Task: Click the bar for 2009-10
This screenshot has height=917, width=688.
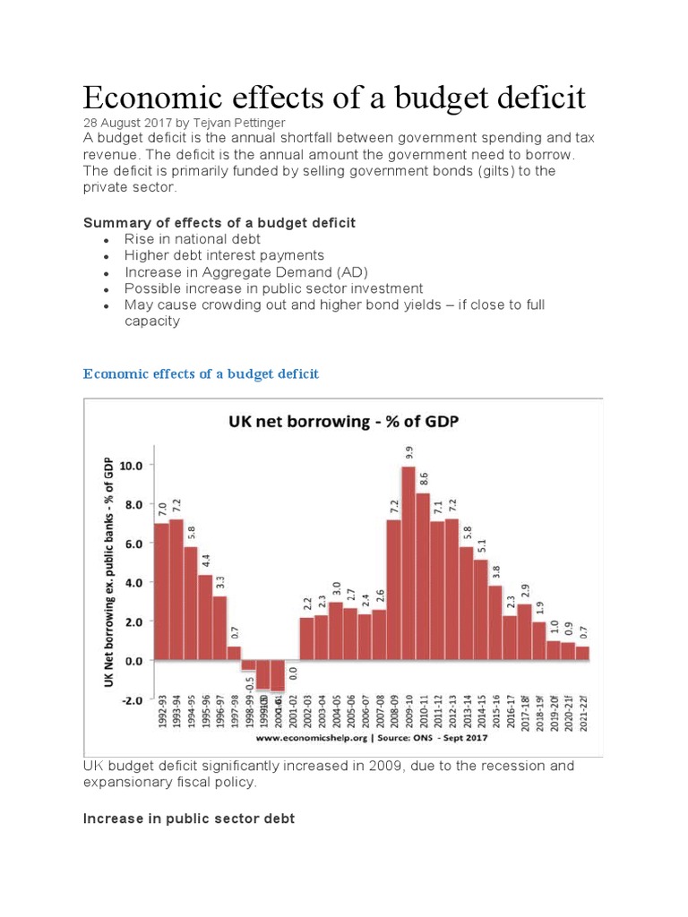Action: coord(408,563)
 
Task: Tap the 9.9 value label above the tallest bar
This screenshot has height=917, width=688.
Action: coord(409,453)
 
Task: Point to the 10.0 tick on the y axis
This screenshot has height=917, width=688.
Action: coord(131,466)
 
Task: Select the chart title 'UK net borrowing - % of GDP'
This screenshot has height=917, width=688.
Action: coord(343,421)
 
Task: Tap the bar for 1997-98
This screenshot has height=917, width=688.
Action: coord(234,653)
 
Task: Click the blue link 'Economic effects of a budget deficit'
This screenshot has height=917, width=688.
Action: coord(201,373)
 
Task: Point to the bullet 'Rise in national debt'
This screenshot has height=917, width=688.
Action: coord(193,239)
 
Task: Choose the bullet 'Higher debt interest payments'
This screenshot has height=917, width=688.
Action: coord(224,255)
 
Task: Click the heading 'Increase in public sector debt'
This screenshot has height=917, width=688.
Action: coord(188,818)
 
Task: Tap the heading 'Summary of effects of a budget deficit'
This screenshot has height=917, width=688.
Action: coord(219,222)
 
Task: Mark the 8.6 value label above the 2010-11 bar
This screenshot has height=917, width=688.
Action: coord(424,479)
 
